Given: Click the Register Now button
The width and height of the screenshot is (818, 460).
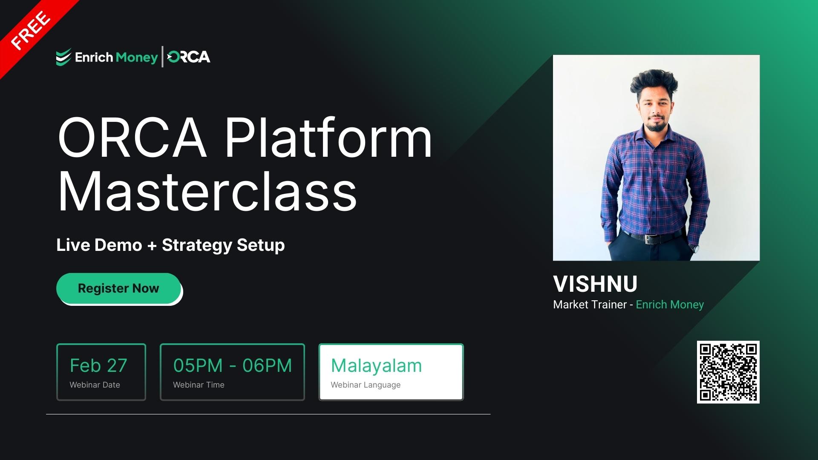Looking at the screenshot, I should click(118, 288).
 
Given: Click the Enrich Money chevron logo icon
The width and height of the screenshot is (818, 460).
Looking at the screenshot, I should click(63, 57).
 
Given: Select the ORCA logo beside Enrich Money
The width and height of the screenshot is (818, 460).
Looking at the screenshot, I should click(189, 57).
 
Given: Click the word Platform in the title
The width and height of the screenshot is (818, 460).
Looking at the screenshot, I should click(328, 138).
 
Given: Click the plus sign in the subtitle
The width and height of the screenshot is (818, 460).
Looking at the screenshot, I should click(152, 246).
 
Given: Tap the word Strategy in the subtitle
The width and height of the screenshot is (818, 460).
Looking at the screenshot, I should click(196, 245).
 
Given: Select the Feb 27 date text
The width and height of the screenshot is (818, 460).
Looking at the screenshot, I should click(98, 365).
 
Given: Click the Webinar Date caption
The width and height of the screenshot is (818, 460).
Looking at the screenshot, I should click(95, 385).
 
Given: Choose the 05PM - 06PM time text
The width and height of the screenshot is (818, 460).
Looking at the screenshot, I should click(232, 365).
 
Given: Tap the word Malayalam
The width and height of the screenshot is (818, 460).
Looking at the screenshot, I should click(376, 365).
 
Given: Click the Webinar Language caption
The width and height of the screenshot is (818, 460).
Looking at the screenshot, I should click(366, 385).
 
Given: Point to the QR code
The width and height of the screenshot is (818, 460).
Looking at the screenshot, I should click(728, 372).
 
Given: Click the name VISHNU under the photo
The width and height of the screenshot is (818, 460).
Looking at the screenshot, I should click(595, 284).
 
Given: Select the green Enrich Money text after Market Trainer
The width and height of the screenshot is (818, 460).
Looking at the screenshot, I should click(670, 305).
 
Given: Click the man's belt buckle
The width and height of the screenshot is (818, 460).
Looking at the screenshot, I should click(648, 239).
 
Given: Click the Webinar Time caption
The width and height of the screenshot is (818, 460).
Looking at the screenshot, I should click(199, 385).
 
